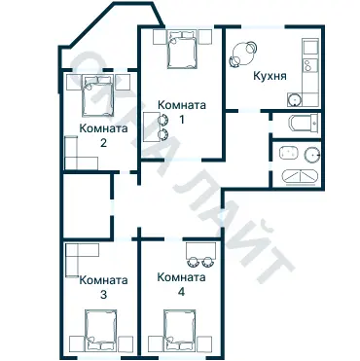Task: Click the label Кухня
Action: (269, 75)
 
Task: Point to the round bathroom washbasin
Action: (309, 152)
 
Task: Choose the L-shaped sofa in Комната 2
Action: (78, 156)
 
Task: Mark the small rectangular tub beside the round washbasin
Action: (286, 152)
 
